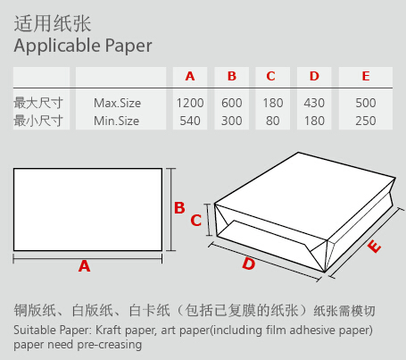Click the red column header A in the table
(190, 76)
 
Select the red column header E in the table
(366, 76)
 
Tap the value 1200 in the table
(190, 103)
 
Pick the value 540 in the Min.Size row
(190, 121)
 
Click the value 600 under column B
(232, 103)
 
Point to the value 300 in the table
(232, 121)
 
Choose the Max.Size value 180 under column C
(273, 103)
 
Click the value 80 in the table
(273, 121)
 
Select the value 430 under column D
(314, 103)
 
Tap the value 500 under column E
(366, 103)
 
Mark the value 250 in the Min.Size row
(366, 121)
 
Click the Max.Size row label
(117, 103)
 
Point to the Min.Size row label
(116, 121)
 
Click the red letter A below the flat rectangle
(84, 266)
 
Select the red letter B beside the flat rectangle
(179, 208)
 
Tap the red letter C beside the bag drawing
(196, 221)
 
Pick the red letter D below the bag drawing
(249, 264)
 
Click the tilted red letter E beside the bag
(374, 246)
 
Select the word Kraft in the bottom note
(108, 331)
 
